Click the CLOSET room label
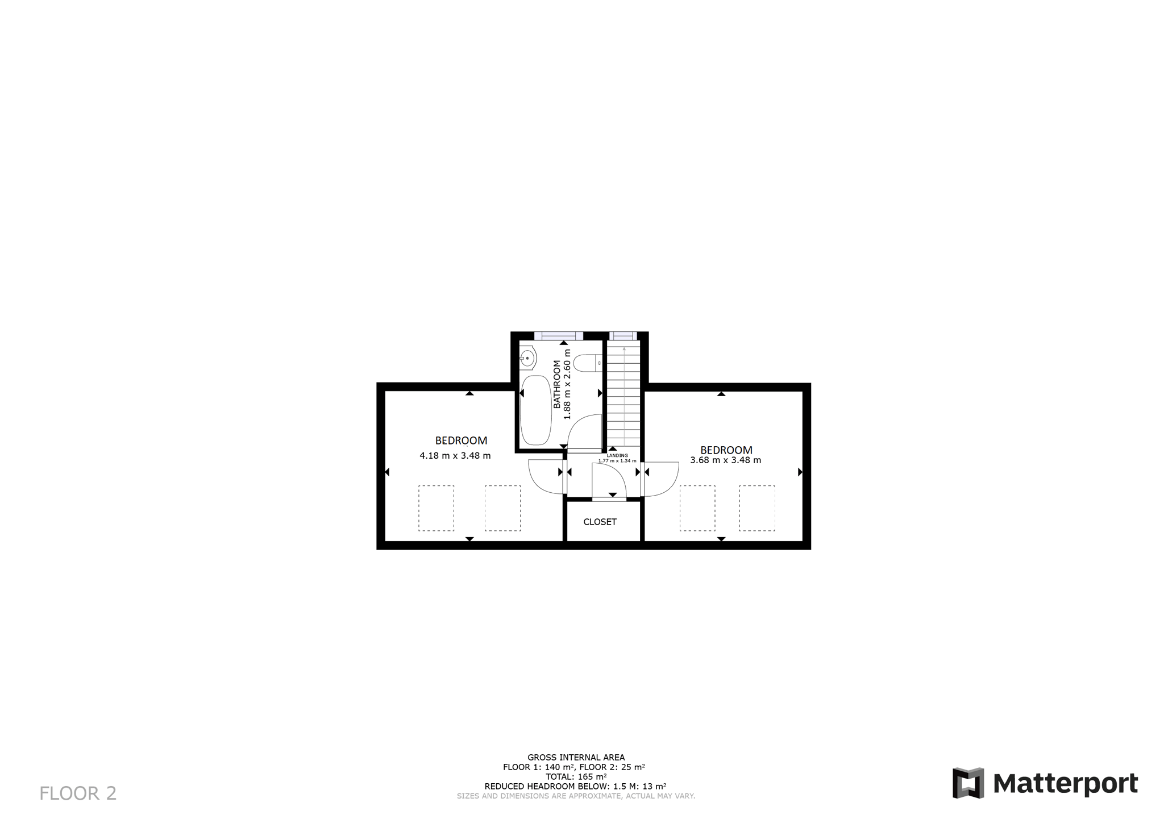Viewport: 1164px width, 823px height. [x=600, y=522]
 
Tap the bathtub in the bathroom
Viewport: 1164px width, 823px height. [x=536, y=410]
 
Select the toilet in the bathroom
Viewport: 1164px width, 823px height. [x=587, y=363]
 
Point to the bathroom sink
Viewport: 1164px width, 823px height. [x=527, y=359]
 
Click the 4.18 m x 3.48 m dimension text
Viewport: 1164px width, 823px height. [x=455, y=455]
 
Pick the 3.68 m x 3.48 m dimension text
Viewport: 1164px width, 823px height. [x=726, y=460]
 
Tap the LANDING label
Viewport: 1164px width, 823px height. [x=617, y=455]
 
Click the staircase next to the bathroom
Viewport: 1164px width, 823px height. [x=624, y=393]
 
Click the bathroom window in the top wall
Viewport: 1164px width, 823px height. [x=559, y=336]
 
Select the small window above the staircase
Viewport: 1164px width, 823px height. [x=623, y=336]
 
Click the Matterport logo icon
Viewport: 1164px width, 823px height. [x=968, y=783]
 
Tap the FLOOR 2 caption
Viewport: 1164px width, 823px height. [x=78, y=793]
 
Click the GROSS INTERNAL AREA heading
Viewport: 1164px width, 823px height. [x=576, y=757]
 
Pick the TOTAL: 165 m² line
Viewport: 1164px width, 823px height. [x=576, y=776]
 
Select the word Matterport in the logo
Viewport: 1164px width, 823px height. [x=1066, y=784]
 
